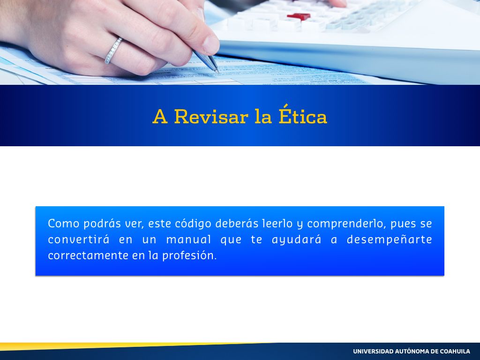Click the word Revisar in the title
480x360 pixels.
click(211, 117)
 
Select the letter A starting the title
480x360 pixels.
click(160, 116)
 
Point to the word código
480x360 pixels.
click(193, 224)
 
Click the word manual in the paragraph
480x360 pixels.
click(188, 240)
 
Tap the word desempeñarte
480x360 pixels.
click(389, 240)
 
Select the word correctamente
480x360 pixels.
click(88, 255)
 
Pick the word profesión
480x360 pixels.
click(189, 256)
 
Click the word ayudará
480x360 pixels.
click(297, 240)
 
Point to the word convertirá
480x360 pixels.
click(79, 240)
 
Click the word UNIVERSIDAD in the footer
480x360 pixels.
click(374, 352)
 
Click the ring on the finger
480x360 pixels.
click(113, 51)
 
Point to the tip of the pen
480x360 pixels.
click(218, 72)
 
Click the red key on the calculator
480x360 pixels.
click(299, 16)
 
